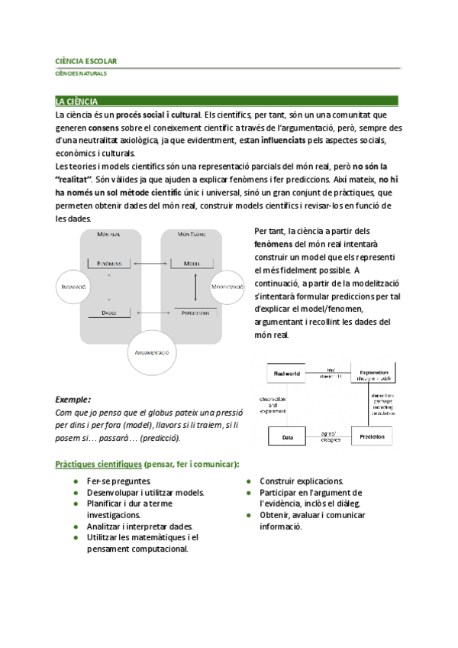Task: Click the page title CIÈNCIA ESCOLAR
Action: click(85, 60)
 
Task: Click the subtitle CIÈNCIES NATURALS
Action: click(81, 74)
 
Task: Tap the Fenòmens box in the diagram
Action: click(110, 264)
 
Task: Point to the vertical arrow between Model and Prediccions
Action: click(195, 288)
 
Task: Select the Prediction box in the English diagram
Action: click(372, 436)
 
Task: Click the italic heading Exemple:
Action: click(74, 399)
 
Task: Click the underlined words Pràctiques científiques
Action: click(97, 464)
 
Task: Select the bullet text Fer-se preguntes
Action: click(113, 481)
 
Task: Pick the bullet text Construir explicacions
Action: click(302, 481)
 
